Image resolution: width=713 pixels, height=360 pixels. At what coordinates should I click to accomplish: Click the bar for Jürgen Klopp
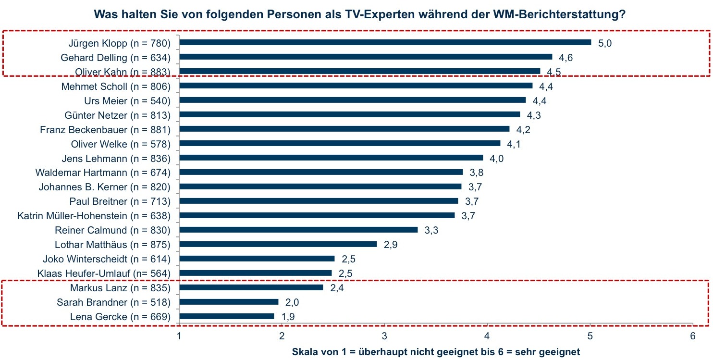click(385, 42)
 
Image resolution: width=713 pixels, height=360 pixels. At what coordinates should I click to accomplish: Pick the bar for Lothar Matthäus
click(278, 244)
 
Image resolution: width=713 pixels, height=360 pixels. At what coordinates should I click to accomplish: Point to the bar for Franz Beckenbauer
click(344, 129)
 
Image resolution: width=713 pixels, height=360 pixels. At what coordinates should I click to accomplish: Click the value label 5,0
click(605, 43)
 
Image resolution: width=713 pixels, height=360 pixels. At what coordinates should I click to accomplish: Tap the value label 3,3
click(431, 231)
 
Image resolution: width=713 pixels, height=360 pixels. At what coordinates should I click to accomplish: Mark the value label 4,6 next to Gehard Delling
click(566, 58)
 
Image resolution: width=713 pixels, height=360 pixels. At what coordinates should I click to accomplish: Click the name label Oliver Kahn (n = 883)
click(123, 72)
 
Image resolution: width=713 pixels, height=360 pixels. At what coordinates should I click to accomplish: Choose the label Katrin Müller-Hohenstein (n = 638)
click(94, 215)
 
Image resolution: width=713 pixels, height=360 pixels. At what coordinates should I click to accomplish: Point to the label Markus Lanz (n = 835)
click(121, 288)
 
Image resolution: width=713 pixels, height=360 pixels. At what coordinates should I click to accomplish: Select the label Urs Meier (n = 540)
click(127, 101)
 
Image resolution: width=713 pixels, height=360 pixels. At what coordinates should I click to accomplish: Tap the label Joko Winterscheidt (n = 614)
click(107, 260)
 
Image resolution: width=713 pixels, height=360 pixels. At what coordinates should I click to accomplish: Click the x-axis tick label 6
click(692, 336)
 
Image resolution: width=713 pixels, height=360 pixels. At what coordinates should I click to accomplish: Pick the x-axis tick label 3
click(384, 336)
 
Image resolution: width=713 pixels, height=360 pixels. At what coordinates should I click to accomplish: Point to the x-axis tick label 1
click(179, 336)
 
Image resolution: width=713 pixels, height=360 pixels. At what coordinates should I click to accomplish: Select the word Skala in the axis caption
click(305, 352)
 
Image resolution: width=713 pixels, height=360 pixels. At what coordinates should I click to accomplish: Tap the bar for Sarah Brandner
click(229, 302)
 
